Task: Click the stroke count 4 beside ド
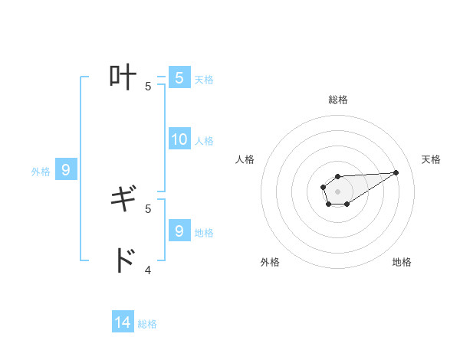tap(148, 270)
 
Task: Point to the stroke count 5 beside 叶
tap(148, 86)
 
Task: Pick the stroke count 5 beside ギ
tap(148, 208)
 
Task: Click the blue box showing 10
tap(179, 139)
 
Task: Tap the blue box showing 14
tap(123, 322)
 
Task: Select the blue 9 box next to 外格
tap(66, 170)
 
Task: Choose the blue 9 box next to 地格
tap(179, 231)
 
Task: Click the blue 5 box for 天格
tap(179, 77)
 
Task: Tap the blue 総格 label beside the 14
tap(147, 324)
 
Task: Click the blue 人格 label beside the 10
tap(204, 141)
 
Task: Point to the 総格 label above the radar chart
tap(337, 100)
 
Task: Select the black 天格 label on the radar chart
tap(431, 159)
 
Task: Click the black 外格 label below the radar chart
tap(270, 262)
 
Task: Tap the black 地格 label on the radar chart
tap(402, 262)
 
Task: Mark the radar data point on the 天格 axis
tap(396, 172)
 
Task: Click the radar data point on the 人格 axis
tap(323, 186)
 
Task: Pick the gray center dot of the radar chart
tap(337, 191)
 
